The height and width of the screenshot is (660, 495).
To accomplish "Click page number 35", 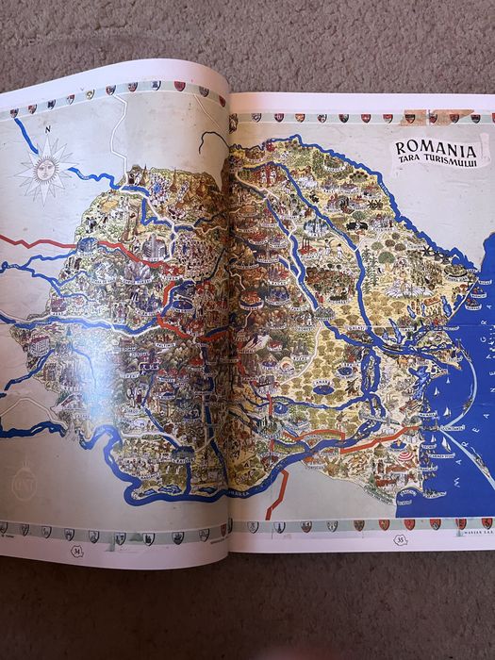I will (x=401, y=541).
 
